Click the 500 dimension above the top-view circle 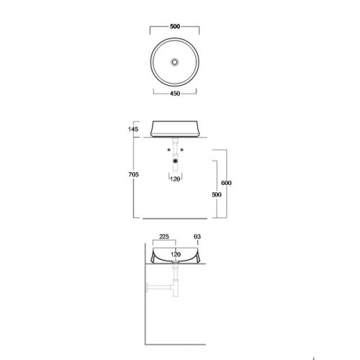pos(175,27)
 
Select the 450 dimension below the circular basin pos(175,94)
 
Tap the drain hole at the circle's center pos(175,62)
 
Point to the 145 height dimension pos(133,130)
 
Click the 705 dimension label pos(133,174)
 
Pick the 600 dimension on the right pos(226,183)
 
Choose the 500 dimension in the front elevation pos(217,194)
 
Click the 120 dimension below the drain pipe pos(175,179)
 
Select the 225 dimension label pos(164,237)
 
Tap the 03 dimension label pos(197,237)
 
